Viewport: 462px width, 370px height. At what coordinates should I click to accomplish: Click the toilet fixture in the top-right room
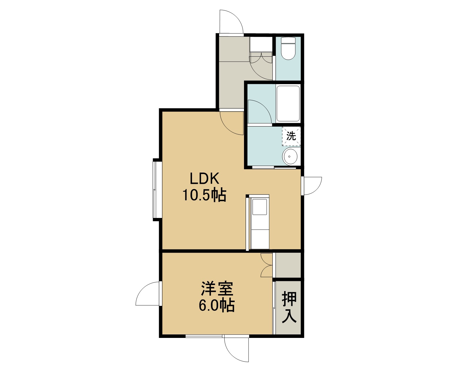point(288,49)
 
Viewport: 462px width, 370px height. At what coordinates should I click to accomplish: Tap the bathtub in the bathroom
point(288,103)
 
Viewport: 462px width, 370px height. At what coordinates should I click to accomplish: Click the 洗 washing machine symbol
point(291,136)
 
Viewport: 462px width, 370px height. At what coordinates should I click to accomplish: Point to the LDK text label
point(204,179)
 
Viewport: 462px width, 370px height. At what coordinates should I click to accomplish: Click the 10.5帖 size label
point(204,195)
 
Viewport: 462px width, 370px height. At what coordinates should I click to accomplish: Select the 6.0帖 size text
point(217,305)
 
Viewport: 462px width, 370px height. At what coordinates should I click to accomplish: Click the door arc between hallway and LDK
point(227,129)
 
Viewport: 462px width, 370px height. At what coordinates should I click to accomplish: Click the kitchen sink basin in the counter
point(260,207)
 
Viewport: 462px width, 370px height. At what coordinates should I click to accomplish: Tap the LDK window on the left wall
point(154,189)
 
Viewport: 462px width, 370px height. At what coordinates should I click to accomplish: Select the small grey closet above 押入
point(288,265)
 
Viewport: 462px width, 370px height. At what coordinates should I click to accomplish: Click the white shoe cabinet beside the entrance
point(261,44)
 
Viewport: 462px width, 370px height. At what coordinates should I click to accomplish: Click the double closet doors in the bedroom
point(267,265)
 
